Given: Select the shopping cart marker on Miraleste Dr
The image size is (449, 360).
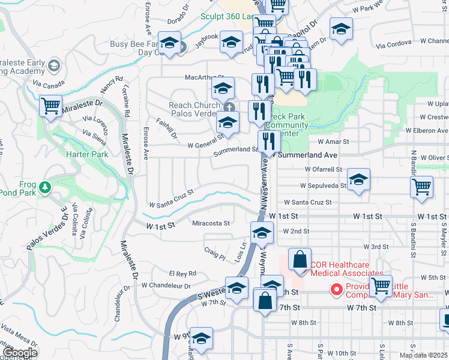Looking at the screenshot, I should click(51, 107).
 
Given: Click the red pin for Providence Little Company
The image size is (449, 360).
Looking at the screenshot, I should click(337, 290).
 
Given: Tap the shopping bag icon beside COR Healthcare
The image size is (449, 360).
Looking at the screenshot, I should click(300, 260).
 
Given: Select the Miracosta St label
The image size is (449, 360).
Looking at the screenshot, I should click(211, 223).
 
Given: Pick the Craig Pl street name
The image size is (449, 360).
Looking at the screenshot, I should click(214, 254).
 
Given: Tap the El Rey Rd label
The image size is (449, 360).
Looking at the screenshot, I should click(182, 273).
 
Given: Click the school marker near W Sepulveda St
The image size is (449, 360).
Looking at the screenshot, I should click(358, 179).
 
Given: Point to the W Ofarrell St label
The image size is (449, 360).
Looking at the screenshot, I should click(323, 169).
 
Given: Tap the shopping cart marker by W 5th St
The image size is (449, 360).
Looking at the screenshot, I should click(381, 286).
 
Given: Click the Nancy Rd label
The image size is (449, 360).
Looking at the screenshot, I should click(112, 84).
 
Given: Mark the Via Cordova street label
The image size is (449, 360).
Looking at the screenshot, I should click(394, 43).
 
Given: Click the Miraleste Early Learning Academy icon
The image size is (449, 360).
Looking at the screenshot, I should click(53, 65).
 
